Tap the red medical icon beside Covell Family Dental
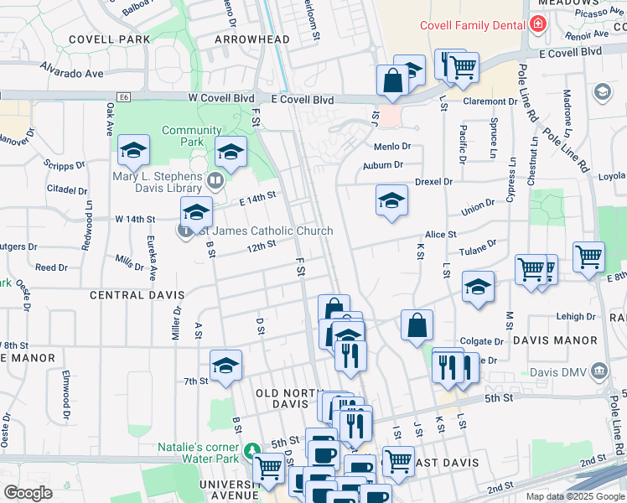tap(536, 24)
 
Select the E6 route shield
tap(125, 98)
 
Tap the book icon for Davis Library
tap(215, 180)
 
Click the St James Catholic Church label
tap(262, 231)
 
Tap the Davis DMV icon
tap(598, 370)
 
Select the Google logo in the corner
tap(28, 493)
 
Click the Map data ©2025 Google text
tap(574, 496)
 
